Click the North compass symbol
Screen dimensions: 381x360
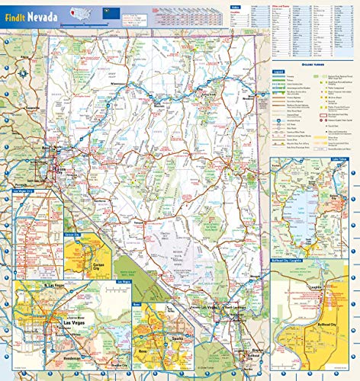coord(24,73)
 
